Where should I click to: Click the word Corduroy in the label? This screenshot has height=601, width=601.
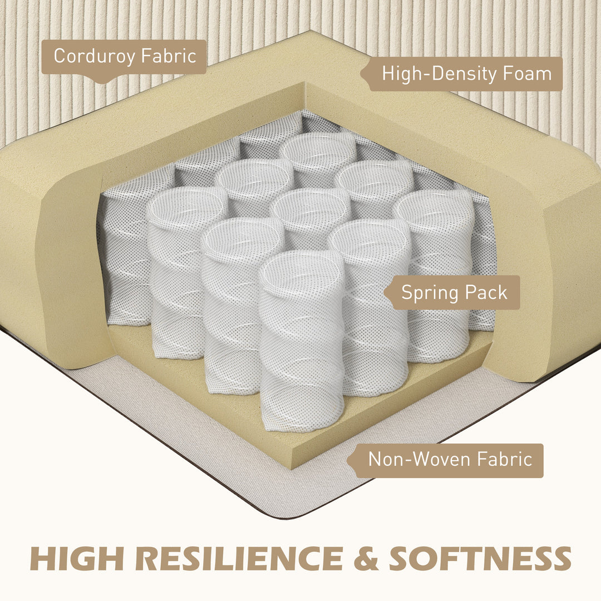coord(94,57)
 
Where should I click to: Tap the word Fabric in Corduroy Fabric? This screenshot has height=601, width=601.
coord(169,56)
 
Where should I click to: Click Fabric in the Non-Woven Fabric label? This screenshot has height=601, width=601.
coord(504,459)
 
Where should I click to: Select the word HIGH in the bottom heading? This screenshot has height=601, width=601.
coord(77,558)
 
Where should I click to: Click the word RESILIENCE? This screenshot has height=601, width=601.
coord(239,558)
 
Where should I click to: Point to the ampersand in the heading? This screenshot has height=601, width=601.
coord(366,558)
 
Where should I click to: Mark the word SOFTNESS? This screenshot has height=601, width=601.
coord(480,558)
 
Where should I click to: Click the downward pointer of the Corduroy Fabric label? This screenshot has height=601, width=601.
coord(100,82)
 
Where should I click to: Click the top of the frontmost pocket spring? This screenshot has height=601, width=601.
coord(302,268)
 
